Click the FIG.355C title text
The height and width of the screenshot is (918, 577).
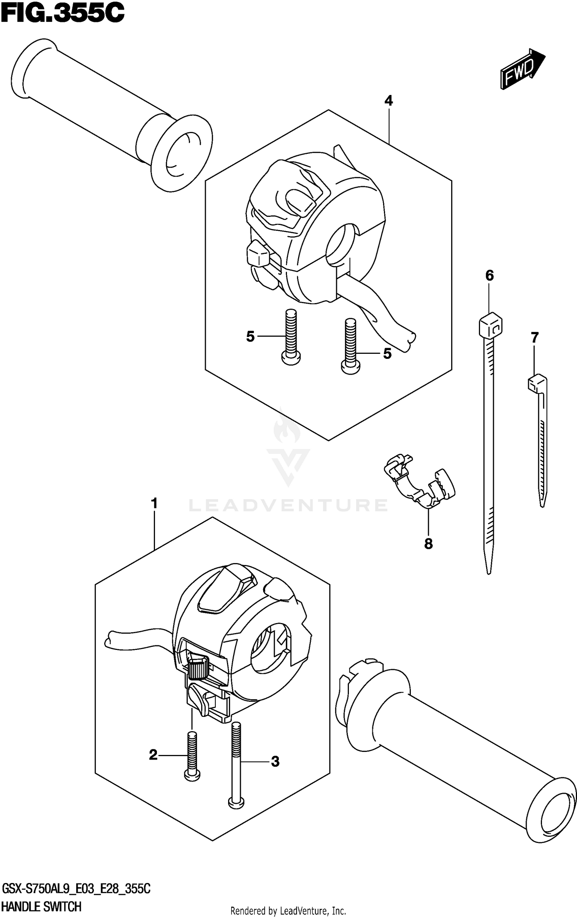[x=62, y=14]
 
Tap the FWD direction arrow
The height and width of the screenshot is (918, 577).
[x=522, y=69]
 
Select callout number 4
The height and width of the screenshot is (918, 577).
[x=389, y=101]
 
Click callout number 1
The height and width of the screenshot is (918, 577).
[x=154, y=503]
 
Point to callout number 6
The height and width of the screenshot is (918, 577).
[x=489, y=275]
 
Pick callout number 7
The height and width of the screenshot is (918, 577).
[x=535, y=338]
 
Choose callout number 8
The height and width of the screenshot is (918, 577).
[x=428, y=544]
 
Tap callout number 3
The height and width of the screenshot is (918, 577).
[x=275, y=761]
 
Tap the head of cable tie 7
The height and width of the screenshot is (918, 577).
[x=536, y=383]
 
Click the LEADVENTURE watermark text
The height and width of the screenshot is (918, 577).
[x=288, y=505]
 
